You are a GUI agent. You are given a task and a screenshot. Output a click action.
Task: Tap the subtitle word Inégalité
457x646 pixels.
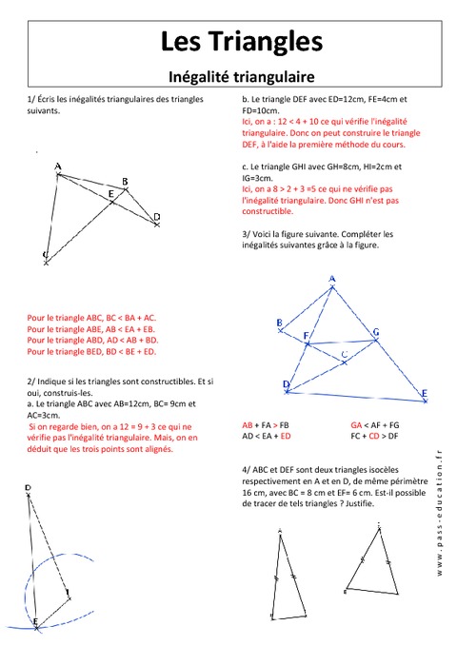point(201,72)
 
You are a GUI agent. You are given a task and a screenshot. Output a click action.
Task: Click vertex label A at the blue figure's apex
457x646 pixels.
point(332,279)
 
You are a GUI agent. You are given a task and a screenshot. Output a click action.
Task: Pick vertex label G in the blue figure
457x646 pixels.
point(376,331)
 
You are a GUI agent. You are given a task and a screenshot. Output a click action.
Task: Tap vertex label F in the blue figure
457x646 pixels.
point(306,336)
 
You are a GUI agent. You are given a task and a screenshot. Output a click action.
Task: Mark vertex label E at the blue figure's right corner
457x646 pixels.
point(424,393)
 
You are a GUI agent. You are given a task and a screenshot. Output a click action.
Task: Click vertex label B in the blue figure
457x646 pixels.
point(278,323)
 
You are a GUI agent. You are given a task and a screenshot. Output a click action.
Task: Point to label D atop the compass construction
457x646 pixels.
point(28,488)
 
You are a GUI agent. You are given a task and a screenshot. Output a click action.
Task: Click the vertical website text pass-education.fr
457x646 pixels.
point(439,514)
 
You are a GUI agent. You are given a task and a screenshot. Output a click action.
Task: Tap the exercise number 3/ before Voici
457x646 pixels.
point(247,233)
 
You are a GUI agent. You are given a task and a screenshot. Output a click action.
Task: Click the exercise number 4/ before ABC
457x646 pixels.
point(247,469)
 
